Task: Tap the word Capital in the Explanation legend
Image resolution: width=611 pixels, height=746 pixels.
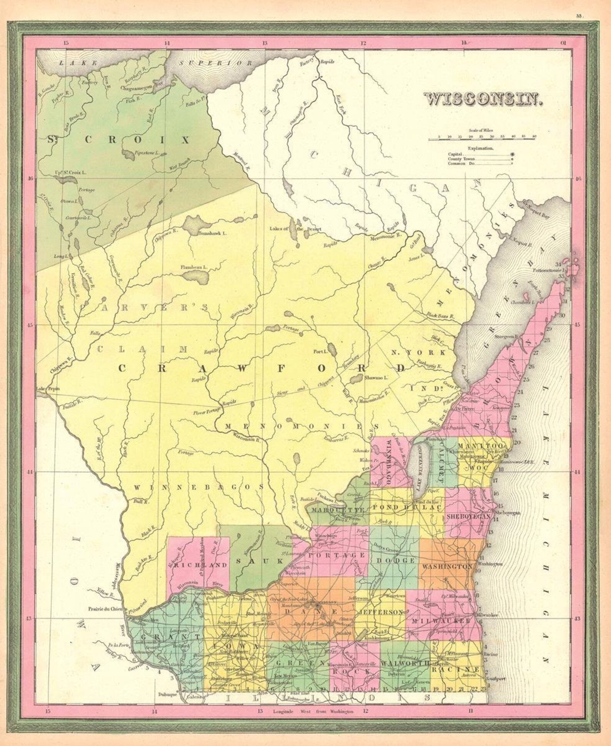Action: pyautogui.click(x=455, y=154)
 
